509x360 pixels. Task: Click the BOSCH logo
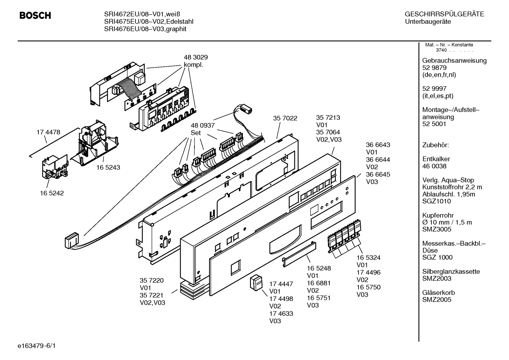(35, 16)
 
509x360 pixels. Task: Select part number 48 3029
(196, 57)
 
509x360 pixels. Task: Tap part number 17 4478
(48, 132)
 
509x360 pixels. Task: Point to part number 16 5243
(108, 167)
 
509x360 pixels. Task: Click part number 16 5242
(52, 193)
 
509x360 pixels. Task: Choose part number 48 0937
(203, 125)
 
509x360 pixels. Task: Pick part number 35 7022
(285, 118)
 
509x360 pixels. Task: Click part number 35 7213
(328, 118)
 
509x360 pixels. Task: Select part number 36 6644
(378, 160)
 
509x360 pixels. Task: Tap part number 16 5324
(368, 258)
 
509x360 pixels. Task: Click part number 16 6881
(319, 283)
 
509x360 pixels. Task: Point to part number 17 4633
(281, 313)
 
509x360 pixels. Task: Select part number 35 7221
(151, 295)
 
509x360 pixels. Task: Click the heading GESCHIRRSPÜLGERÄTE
(444, 14)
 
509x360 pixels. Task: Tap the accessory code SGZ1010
(436, 201)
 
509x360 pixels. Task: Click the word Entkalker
(436, 159)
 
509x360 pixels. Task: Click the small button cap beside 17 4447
(257, 283)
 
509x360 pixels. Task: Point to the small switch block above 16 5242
(54, 169)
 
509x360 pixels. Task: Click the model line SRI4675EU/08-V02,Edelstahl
(149, 22)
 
